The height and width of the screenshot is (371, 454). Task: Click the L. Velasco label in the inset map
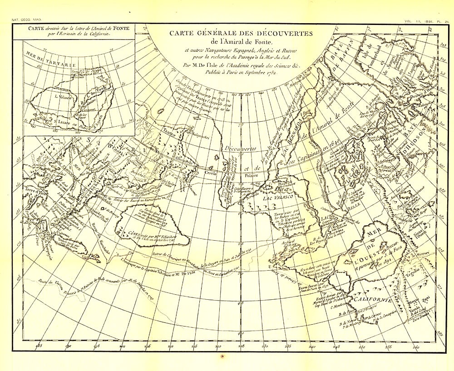pos(62,96)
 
